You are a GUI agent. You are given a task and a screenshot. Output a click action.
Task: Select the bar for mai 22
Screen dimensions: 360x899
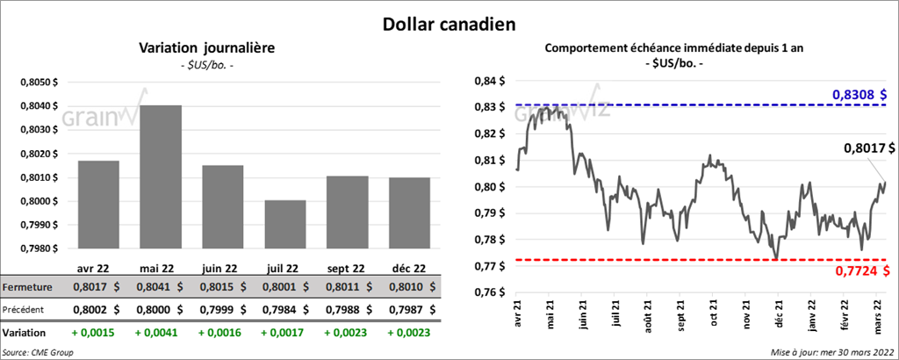coord(159,176)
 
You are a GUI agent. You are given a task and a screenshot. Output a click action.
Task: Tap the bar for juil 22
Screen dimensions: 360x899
coord(285,223)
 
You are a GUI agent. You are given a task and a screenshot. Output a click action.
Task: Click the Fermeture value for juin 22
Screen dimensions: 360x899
coord(223,286)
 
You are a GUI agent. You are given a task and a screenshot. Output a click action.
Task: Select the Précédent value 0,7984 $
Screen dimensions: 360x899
coord(285,309)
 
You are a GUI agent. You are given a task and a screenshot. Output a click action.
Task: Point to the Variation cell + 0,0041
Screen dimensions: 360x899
coord(159,334)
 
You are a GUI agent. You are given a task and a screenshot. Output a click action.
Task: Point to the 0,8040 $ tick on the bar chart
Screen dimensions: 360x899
coord(38,106)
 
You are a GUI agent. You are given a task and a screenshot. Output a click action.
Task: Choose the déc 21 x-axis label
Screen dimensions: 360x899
coord(778,313)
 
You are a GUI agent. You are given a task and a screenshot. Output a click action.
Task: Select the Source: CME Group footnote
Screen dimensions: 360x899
coord(38,351)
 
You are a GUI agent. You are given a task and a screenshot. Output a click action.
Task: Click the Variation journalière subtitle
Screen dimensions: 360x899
coord(207,48)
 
